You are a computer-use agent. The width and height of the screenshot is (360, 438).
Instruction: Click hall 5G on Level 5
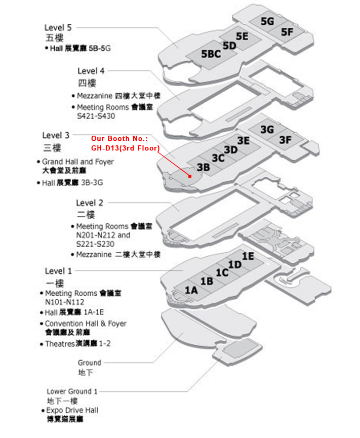267,21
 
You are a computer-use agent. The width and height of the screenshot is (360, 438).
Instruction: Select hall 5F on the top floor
287,32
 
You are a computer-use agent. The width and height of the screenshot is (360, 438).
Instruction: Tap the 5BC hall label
211,54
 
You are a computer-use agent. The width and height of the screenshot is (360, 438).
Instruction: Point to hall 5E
242,36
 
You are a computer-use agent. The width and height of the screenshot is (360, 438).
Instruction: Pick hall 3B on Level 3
204,167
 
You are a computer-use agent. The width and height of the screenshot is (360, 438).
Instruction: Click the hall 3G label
267,130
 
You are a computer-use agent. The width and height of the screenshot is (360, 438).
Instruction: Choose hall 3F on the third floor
286,140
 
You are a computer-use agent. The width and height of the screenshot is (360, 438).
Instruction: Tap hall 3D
231,149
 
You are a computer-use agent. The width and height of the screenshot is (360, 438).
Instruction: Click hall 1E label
248,256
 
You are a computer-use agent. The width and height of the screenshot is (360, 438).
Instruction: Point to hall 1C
222,272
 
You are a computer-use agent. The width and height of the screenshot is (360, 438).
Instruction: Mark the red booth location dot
189,176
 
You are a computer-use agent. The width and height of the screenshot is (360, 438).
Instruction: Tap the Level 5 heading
61,28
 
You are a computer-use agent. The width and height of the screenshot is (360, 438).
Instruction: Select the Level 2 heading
90,203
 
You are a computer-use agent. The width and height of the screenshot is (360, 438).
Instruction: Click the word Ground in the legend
89,363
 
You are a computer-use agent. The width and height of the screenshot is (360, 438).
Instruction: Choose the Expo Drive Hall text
72,410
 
